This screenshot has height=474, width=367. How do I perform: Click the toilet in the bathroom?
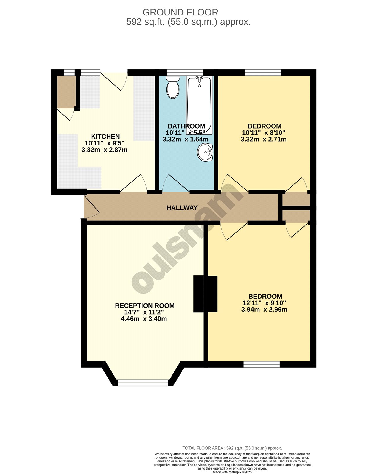click(x=172, y=87)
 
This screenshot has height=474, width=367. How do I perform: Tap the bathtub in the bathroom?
click(x=199, y=105)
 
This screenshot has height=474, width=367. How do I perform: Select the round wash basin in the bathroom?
click(x=205, y=152)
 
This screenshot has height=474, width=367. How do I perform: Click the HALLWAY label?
click(x=182, y=208)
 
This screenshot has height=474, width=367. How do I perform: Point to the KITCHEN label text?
click(x=105, y=137)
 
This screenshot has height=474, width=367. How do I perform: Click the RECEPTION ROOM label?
click(x=145, y=306)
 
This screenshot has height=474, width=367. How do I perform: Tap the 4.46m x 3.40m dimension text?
click(x=144, y=319)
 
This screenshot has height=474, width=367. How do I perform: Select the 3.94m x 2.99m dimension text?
click(x=264, y=309)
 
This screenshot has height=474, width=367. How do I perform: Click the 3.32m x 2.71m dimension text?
click(x=263, y=139)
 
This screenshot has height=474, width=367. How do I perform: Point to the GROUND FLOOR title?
click(x=180, y=12)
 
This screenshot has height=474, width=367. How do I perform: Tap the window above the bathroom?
click(x=185, y=72)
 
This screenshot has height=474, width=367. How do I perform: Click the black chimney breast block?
click(x=205, y=294)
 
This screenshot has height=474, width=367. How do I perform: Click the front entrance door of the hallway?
click(x=92, y=206)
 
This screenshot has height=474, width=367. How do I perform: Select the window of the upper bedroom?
click(x=263, y=72)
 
